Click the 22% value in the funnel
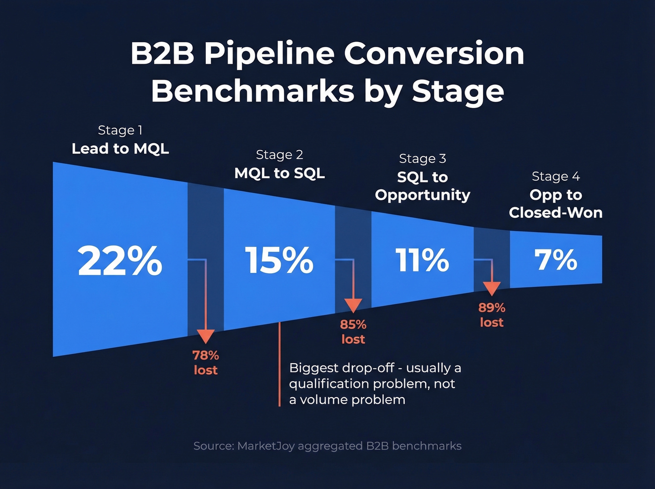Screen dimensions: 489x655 click(x=120, y=261)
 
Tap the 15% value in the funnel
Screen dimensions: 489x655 click(x=279, y=261)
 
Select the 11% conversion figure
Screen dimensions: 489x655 click(x=422, y=260)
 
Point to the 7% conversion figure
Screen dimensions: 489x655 click(x=556, y=260)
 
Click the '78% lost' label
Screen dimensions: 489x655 click(x=205, y=363)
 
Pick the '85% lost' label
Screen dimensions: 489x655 click(x=353, y=332)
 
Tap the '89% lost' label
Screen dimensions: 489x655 click(x=491, y=315)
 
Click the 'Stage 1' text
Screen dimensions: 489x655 click(x=120, y=130)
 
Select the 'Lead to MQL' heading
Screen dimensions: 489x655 click(x=120, y=149)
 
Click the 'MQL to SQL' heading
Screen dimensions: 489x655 click(x=279, y=173)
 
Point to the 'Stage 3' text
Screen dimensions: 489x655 click(x=422, y=159)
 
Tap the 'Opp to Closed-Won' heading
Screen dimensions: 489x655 click(x=555, y=204)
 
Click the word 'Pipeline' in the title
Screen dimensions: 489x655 click(x=269, y=54)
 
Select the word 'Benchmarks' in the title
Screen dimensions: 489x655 click(x=253, y=91)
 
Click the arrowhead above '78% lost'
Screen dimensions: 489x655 click(x=205, y=336)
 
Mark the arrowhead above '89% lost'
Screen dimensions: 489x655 click(x=491, y=288)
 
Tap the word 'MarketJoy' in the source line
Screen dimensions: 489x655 click(x=266, y=446)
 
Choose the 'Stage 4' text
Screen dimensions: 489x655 click(x=555, y=176)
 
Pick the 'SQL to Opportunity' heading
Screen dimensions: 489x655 click(x=422, y=186)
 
